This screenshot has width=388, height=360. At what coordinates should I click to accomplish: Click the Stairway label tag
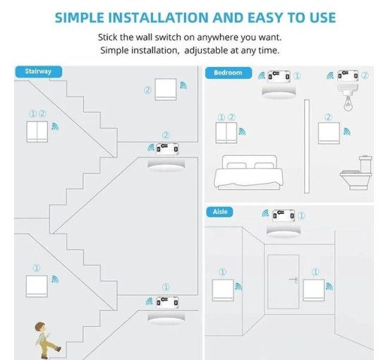pos(38,71)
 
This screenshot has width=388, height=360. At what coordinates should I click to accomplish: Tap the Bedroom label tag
pos(228,73)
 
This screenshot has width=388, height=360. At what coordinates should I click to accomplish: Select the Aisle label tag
pos(219,212)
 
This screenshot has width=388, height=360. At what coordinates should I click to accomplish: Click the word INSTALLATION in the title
pos(158,18)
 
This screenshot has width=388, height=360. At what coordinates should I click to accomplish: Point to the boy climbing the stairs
pos(47,340)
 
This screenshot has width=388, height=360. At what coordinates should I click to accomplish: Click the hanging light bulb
pos(348,103)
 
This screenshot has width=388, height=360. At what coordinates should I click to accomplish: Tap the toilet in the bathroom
pos(356,172)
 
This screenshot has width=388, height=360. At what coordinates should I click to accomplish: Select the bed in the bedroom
pos(248,172)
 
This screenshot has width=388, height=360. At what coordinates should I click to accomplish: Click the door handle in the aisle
pos(293,280)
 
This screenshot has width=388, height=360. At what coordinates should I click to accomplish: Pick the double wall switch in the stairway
pos(37,131)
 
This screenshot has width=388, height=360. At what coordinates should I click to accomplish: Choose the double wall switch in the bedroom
pos(226,133)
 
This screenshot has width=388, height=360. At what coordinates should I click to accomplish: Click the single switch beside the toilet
pos(329,133)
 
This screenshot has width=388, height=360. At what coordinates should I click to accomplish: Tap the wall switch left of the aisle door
pos(223,290)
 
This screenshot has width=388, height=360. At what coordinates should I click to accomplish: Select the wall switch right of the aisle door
pos(314,290)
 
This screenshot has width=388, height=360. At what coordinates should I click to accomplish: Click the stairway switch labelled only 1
pos(37,286)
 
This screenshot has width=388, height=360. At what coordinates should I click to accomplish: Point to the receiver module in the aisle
pos(284,215)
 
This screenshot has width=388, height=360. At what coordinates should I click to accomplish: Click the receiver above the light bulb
pos(348,76)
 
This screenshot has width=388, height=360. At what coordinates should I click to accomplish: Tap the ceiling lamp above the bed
pos(279,93)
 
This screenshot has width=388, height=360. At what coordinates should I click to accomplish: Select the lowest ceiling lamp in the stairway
pos(166,319)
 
